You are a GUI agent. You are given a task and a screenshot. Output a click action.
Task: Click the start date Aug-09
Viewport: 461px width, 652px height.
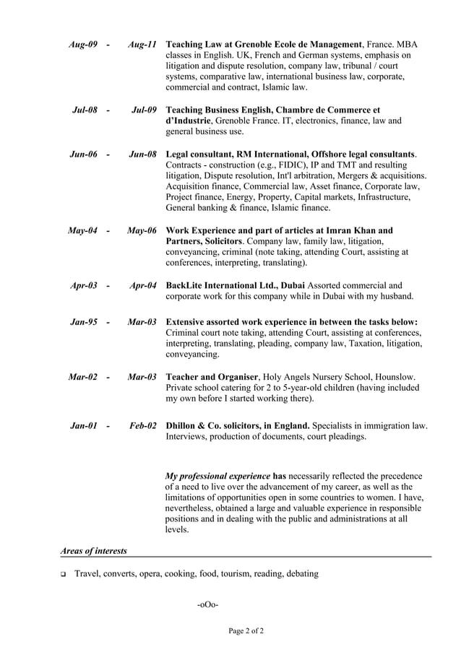coord(83,45)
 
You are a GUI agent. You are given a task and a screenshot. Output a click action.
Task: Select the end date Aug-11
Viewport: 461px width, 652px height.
coord(142,45)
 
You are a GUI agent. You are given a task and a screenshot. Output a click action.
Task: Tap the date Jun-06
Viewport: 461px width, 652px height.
coord(83,155)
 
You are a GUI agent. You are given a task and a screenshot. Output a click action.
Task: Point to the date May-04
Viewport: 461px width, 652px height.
coord(82,231)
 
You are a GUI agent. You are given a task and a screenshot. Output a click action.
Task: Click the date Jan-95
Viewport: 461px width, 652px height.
coord(84,322)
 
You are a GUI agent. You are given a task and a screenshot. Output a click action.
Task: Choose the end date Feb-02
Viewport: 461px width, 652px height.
coord(143,426)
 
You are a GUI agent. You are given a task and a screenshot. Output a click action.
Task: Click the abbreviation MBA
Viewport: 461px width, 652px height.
coord(408,45)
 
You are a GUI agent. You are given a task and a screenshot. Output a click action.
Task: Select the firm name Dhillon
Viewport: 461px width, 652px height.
coord(184,426)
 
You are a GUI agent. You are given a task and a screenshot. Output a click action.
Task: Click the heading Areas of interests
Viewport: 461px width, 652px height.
coord(93,551)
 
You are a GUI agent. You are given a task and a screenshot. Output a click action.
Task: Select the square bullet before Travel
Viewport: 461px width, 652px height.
coord(64,575)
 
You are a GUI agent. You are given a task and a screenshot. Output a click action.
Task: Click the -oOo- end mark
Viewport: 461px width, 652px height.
coord(207,604)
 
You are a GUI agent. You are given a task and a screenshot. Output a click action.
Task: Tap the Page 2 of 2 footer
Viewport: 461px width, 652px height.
coord(246,631)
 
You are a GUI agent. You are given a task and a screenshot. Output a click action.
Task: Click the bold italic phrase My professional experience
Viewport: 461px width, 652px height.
coord(217,477)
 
